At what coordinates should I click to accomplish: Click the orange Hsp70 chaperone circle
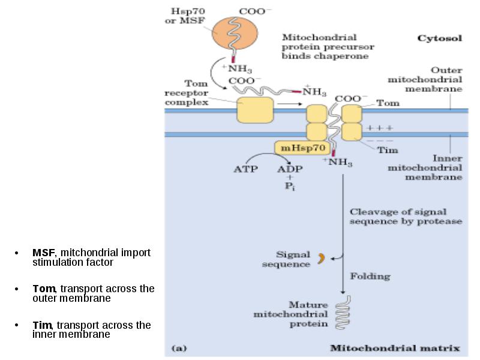click(x=235, y=33)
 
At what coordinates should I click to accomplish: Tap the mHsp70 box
click(x=303, y=148)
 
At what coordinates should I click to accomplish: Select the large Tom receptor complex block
click(x=256, y=110)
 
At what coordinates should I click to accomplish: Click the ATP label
click(x=245, y=169)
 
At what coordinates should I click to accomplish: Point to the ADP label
click(x=290, y=169)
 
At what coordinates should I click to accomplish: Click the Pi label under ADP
click(x=290, y=186)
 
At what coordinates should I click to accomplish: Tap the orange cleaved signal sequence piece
click(x=321, y=259)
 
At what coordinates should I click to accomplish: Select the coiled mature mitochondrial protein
click(x=343, y=312)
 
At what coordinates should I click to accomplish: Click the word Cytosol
click(x=440, y=38)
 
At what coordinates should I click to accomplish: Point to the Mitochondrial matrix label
click(x=395, y=348)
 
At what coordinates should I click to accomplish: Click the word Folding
click(x=370, y=277)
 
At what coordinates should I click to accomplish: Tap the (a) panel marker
click(x=179, y=349)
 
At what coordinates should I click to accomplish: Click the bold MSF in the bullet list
click(x=43, y=253)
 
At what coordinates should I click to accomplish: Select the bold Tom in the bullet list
click(x=44, y=289)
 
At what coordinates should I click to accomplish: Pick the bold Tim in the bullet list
click(x=42, y=325)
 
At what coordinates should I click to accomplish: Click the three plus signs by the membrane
click(x=380, y=128)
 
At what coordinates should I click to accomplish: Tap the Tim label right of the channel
click(x=387, y=150)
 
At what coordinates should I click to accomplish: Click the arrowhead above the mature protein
click(x=343, y=292)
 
